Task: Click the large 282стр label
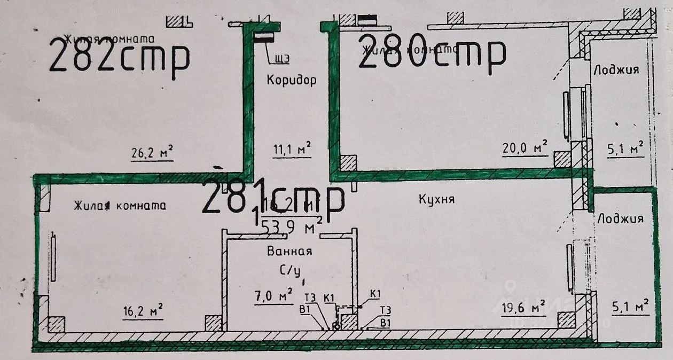pos(119,58)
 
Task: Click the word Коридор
pos(291,80)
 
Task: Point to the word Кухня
pos(436,199)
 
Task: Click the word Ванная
pos(289,251)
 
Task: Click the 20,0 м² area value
pos(525,147)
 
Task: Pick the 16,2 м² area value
pos(143,311)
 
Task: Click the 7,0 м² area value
pos(273,295)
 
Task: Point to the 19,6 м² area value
pos(522,307)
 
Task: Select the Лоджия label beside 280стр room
pos(616,70)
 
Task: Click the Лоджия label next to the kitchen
pos(621,218)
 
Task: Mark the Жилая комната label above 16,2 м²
pos(120,206)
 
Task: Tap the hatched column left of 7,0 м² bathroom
pos(214,323)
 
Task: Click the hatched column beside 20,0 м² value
pos(562,159)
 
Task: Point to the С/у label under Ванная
pos(290,271)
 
